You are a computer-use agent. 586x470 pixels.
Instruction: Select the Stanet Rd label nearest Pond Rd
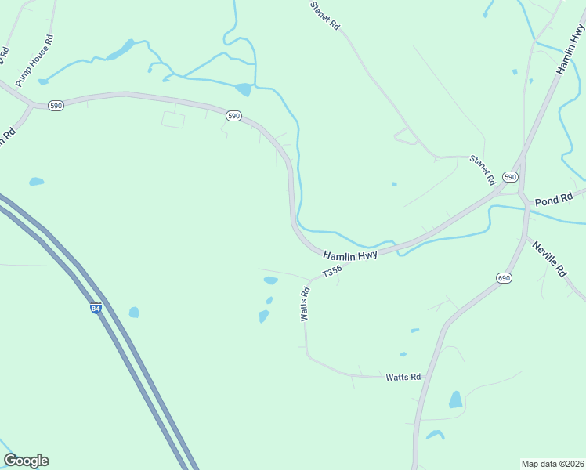(x=483, y=169)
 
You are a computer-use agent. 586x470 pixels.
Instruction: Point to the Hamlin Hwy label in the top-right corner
(x=571, y=49)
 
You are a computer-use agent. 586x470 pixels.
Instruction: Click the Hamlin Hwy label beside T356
(x=351, y=255)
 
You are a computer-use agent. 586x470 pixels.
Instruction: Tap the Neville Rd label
(x=549, y=259)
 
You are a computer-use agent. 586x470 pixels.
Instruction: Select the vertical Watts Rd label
(x=305, y=303)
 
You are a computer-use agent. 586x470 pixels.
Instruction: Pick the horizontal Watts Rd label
(x=403, y=378)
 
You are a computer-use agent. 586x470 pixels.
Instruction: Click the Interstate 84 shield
(x=96, y=309)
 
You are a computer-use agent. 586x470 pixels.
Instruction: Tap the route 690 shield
(x=504, y=278)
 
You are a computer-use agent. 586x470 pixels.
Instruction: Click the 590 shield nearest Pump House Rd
(x=55, y=105)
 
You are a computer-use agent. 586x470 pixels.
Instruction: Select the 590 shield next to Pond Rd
(x=511, y=177)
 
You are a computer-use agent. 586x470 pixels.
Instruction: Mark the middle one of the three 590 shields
(x=233, y=115)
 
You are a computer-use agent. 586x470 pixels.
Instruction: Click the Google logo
(x=26, y=461)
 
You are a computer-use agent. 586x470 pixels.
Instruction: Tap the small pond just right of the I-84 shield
(x=134, y=313)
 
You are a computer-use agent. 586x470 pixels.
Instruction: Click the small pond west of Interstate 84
(x=36, y=182)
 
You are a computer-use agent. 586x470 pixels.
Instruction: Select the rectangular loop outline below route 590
(x=173, y=120)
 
